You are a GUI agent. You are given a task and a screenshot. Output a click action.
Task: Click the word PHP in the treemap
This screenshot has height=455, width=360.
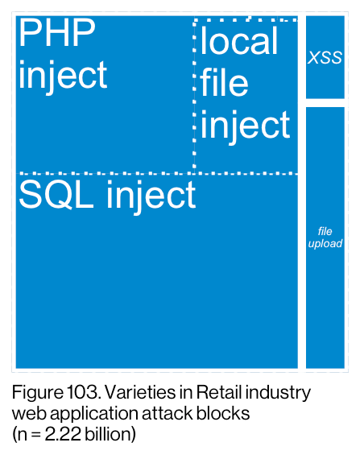(x=57, y=32)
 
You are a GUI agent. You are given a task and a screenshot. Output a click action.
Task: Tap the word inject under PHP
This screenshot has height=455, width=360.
(x=63, y=77)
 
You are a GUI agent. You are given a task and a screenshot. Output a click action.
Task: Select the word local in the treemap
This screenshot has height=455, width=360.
(x=239, y=40)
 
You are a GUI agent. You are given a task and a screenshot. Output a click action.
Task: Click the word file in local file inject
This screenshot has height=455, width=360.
(x=225, y=82)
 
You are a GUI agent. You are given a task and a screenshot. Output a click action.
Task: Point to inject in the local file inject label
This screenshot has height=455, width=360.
(x=246, y=126)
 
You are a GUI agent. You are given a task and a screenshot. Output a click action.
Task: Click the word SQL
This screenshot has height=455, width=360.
(x=56, y=194)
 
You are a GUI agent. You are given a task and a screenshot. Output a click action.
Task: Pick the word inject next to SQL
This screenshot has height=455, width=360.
(x=151, y=196)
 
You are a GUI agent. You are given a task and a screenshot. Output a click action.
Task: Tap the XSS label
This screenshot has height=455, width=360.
(x=325, y=57)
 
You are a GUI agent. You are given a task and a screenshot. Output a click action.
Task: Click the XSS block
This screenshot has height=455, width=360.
(x=325, y=57)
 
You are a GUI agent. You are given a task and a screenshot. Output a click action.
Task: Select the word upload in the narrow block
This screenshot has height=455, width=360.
(x=325, y=244)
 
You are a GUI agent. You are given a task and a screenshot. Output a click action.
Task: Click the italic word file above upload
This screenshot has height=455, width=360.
(x=325, y=231)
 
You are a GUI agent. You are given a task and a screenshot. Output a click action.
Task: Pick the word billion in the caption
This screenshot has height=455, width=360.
(x=110, y=434)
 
